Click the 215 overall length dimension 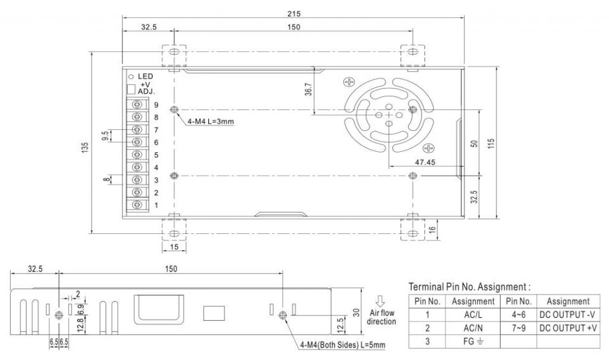pos(294,14)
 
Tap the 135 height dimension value pos(85,148)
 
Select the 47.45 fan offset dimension pos(425,162)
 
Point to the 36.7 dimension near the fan pos(308,89)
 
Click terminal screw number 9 pos(137,104)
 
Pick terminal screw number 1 pos(137,205)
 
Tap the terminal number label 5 pos(156,155)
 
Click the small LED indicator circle pos(131,77)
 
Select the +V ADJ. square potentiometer pos(131,89)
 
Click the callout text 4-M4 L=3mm pos(211,121)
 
